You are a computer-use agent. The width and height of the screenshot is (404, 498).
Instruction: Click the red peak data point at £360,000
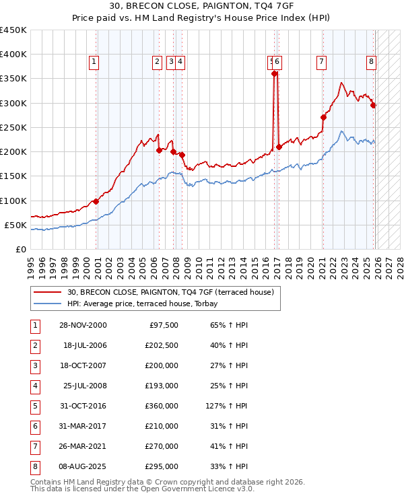(x=274, y=74)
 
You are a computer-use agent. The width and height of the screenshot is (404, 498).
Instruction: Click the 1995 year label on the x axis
(x=30, y=263)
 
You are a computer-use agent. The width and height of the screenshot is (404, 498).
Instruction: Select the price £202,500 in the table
(x=162, y=346)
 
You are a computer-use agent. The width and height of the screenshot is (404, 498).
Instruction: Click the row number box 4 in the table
(x=34, y=386)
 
